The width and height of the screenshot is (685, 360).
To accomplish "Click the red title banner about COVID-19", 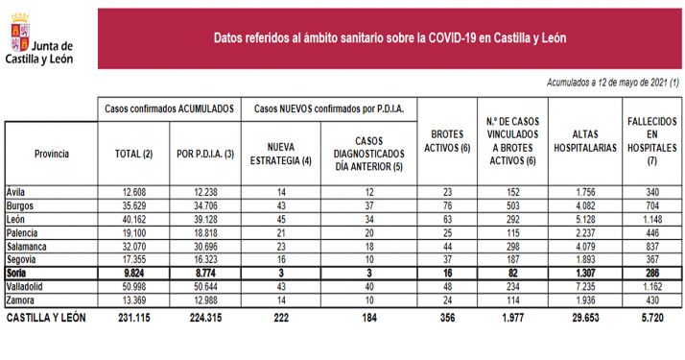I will (x=389, y=38).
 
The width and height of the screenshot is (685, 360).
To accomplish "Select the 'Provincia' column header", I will (x=51, y=153).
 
